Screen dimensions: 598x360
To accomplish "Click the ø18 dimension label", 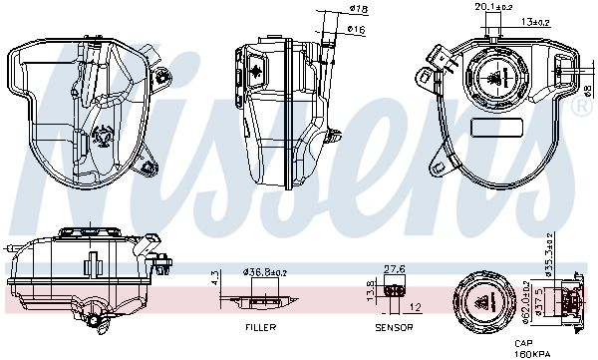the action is pyautogui.click(x=359, y=9).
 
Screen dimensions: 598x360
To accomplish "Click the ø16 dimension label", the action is pyautogui.click(x=357, y=29).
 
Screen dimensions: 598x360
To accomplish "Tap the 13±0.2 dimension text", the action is pyautogui.click(x=534, y=22).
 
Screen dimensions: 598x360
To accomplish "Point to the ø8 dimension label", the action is pyautogui.click(x=588, y=91).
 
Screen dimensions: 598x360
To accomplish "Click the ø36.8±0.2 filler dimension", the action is pyautogui.click(x=265, y=272).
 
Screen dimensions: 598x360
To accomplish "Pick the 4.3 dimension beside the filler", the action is pyautogui.click(x=216, y=278).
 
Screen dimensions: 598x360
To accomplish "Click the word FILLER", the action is pyautogui.click(x=261, y=327).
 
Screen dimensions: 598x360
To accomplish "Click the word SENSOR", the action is pyautogui.click(x=394, y=327).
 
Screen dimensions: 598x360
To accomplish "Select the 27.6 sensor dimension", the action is pyautogui.click(x=395, y=269).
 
